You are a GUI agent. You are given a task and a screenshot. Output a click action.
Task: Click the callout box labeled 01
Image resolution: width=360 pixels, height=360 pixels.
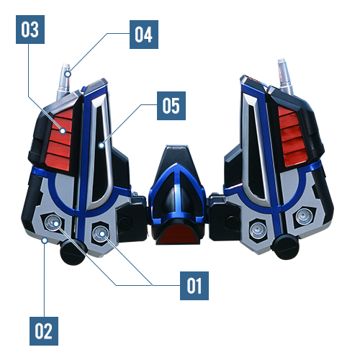[x=194, y=286]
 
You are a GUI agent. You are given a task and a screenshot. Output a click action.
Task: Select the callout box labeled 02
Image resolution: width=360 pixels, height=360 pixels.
[x=44, y=331]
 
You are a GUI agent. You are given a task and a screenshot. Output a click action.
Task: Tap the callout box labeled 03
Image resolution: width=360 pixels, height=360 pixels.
[x=30, y=30]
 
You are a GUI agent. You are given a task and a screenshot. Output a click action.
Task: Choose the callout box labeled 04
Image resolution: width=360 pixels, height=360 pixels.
[x=144, y=35]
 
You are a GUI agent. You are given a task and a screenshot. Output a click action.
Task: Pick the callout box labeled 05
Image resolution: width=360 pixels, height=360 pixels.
[x=171, y=106]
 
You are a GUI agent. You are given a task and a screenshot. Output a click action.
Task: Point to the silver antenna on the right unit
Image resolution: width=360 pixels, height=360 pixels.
[x=285, y=76]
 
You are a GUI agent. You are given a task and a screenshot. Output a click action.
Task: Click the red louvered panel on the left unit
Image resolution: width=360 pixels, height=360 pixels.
[x=60, y=139]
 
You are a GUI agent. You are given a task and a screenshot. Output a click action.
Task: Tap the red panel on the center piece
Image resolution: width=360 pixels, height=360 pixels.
[x=178, y=234]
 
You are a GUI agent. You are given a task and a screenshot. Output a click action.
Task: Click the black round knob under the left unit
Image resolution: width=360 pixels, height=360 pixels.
[x=73, y=253]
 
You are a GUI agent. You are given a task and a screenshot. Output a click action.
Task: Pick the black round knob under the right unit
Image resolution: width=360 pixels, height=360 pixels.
[x=286, y=247]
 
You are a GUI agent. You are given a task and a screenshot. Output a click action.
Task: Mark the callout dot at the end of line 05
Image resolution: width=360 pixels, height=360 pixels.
[x=102, y=145]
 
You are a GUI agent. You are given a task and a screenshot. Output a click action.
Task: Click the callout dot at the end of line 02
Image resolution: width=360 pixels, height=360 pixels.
[x=45, y=240]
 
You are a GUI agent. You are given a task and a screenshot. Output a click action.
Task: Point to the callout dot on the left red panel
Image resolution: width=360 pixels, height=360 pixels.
[x=63, y=131]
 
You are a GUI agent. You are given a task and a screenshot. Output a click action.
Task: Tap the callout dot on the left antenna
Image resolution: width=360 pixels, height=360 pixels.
[x=68, y=74]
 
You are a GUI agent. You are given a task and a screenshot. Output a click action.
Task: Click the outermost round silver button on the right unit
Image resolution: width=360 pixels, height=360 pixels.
[x=304, y=217]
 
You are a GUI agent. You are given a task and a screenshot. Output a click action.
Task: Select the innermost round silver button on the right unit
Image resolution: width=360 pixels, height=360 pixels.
[x=258, y=230]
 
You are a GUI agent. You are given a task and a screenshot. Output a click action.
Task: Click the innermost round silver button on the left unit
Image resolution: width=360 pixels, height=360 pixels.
[x=101, y=234]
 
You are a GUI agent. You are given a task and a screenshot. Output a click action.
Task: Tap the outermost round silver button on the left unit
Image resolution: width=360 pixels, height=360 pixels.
[x=53, y=222]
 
